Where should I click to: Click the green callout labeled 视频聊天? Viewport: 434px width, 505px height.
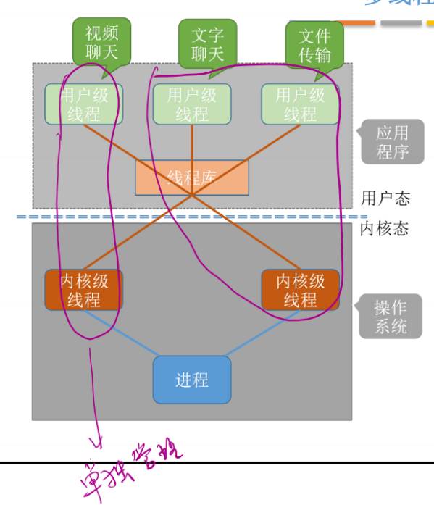101,42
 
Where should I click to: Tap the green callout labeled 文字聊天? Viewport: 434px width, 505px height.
208,44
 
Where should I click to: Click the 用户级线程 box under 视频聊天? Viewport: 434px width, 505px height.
83,104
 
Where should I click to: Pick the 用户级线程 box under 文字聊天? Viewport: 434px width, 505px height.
192,104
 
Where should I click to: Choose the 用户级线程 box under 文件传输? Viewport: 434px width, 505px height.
300,104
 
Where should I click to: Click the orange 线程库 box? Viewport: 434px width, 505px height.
192,178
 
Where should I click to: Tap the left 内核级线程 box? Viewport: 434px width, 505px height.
83,290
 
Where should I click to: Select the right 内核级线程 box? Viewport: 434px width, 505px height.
300,290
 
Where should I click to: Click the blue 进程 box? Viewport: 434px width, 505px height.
192,380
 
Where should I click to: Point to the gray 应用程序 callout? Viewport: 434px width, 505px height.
391,143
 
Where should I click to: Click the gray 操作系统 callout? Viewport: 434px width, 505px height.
391,317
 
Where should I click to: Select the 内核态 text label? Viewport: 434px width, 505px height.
385,229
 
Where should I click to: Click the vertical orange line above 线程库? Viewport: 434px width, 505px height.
192,142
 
